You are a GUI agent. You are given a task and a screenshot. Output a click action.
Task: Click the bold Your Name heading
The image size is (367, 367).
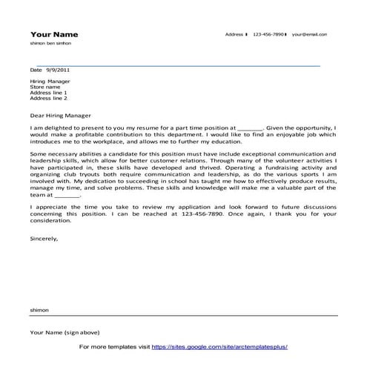(53, 35)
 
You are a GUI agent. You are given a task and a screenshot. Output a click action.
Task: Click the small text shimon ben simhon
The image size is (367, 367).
(50, 44)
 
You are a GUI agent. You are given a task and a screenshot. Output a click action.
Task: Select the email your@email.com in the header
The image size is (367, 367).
(309, 35)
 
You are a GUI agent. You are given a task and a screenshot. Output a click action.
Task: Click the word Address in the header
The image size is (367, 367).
(234, 35)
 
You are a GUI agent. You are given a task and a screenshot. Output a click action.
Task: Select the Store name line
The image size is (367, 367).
(44, 87)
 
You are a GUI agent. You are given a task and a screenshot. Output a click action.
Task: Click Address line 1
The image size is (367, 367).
(49, 93)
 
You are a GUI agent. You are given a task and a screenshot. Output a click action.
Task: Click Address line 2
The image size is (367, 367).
(49, 99)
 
